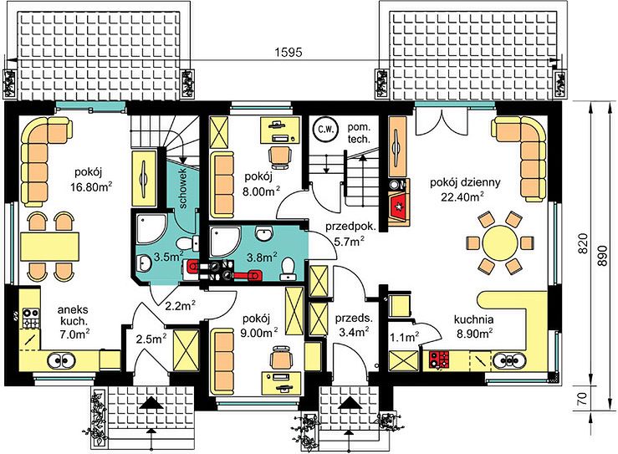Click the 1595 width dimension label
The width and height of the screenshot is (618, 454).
[289, 52]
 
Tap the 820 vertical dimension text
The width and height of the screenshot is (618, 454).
[583, 243]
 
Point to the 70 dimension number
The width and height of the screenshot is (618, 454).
[583, 398]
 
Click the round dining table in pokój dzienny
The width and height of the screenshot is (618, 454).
[500, 242]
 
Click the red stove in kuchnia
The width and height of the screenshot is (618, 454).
[440, 360]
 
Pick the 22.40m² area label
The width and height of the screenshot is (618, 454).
[463, 196]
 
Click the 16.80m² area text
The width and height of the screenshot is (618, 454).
[91, 186]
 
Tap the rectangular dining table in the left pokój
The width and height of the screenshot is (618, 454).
[49, 247]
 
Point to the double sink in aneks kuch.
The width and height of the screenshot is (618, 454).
[62, 360]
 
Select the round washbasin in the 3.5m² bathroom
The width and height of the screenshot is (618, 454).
[145, 263]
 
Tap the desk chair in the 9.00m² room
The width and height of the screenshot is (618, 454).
[281, 358]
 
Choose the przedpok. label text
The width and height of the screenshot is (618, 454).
[350, 227]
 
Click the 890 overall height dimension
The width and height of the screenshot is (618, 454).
[602, 256]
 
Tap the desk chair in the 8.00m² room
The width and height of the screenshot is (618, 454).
[281, 154]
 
